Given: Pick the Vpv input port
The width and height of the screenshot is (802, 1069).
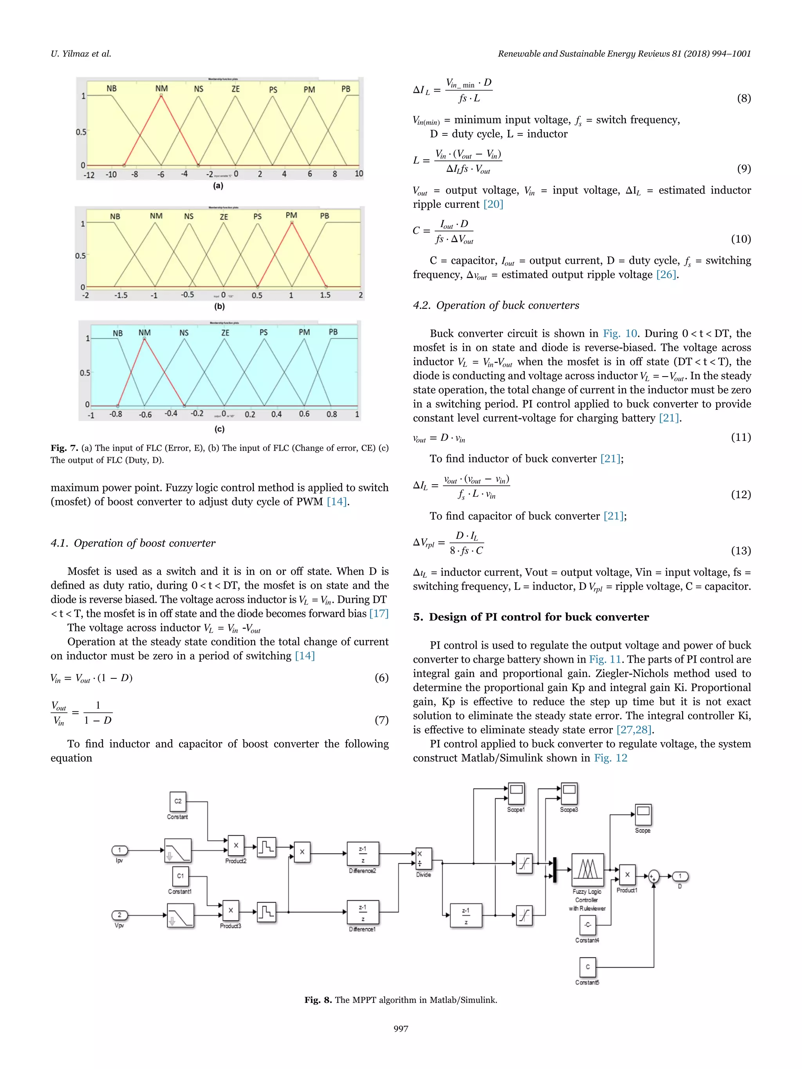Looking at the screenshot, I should point(119,915).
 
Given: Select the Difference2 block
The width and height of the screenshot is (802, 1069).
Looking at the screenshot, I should point(363,854).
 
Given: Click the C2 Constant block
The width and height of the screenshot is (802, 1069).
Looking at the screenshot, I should point(178,801).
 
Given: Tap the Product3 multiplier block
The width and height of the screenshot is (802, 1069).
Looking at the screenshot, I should point(231,910).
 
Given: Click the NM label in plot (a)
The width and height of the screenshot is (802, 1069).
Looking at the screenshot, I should point(161,89).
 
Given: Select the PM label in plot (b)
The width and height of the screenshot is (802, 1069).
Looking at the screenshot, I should point(291,216).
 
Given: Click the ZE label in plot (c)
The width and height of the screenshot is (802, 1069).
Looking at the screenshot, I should point(225,333).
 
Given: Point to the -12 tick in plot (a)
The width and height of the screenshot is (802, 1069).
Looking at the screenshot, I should point(89,175).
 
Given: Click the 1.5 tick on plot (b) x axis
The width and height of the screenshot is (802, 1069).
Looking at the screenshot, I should point(325,295).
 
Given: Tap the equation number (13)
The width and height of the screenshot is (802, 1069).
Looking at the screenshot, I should point(741,550).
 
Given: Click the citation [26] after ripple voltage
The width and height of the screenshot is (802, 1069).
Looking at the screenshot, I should point(666,274).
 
